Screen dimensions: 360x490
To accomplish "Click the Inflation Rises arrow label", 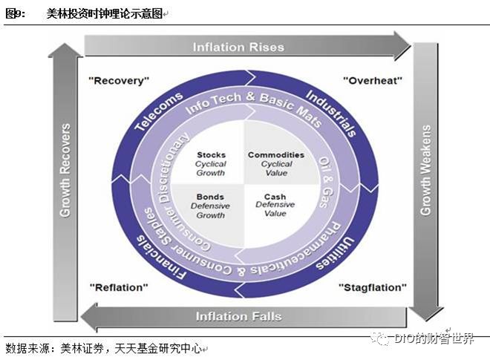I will coord(238,47).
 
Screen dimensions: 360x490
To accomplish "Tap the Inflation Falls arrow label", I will coord(238,316).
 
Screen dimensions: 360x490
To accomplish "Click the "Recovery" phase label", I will coord(119,79).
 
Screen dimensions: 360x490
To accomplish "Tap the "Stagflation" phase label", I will coord(372,287).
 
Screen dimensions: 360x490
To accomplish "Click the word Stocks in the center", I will coord(210,155).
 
